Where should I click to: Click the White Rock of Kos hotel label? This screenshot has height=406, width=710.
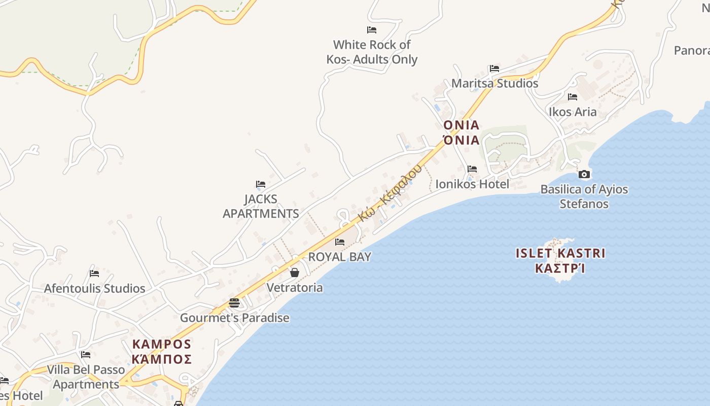(x=372, y=52)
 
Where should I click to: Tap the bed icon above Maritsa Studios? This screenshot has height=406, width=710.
(x=494, y=69)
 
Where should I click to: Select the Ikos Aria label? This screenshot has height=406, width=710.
(x=573, y=112)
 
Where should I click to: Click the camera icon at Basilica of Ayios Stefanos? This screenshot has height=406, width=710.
(x=584, y=175)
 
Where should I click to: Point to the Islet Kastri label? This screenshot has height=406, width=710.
(x=560, y=260)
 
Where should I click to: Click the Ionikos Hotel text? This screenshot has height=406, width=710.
(x=472, y=184)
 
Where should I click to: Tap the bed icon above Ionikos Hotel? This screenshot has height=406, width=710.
(x=472, y=168)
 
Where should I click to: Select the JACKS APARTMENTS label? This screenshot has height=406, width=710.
(x=261, y=206)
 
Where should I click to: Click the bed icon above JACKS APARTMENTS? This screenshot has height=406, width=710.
(x=261, y=184)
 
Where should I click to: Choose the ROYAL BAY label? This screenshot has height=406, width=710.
(x=340, y=257)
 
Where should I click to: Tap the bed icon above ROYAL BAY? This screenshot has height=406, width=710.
(x=340, y=242)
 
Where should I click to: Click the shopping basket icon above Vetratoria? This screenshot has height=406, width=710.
(x=295, y=273)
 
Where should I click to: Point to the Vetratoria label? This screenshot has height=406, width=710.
(x=295, y=288)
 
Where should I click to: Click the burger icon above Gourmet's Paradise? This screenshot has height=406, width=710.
(x=234, y=303)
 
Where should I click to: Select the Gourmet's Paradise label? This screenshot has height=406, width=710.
(x=235, y=318)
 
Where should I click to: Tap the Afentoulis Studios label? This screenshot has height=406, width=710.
(x=95, y=288)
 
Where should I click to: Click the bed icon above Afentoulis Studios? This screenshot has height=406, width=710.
(x=94, y=273)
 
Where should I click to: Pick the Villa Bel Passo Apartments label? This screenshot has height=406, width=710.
(x=86, y=377)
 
